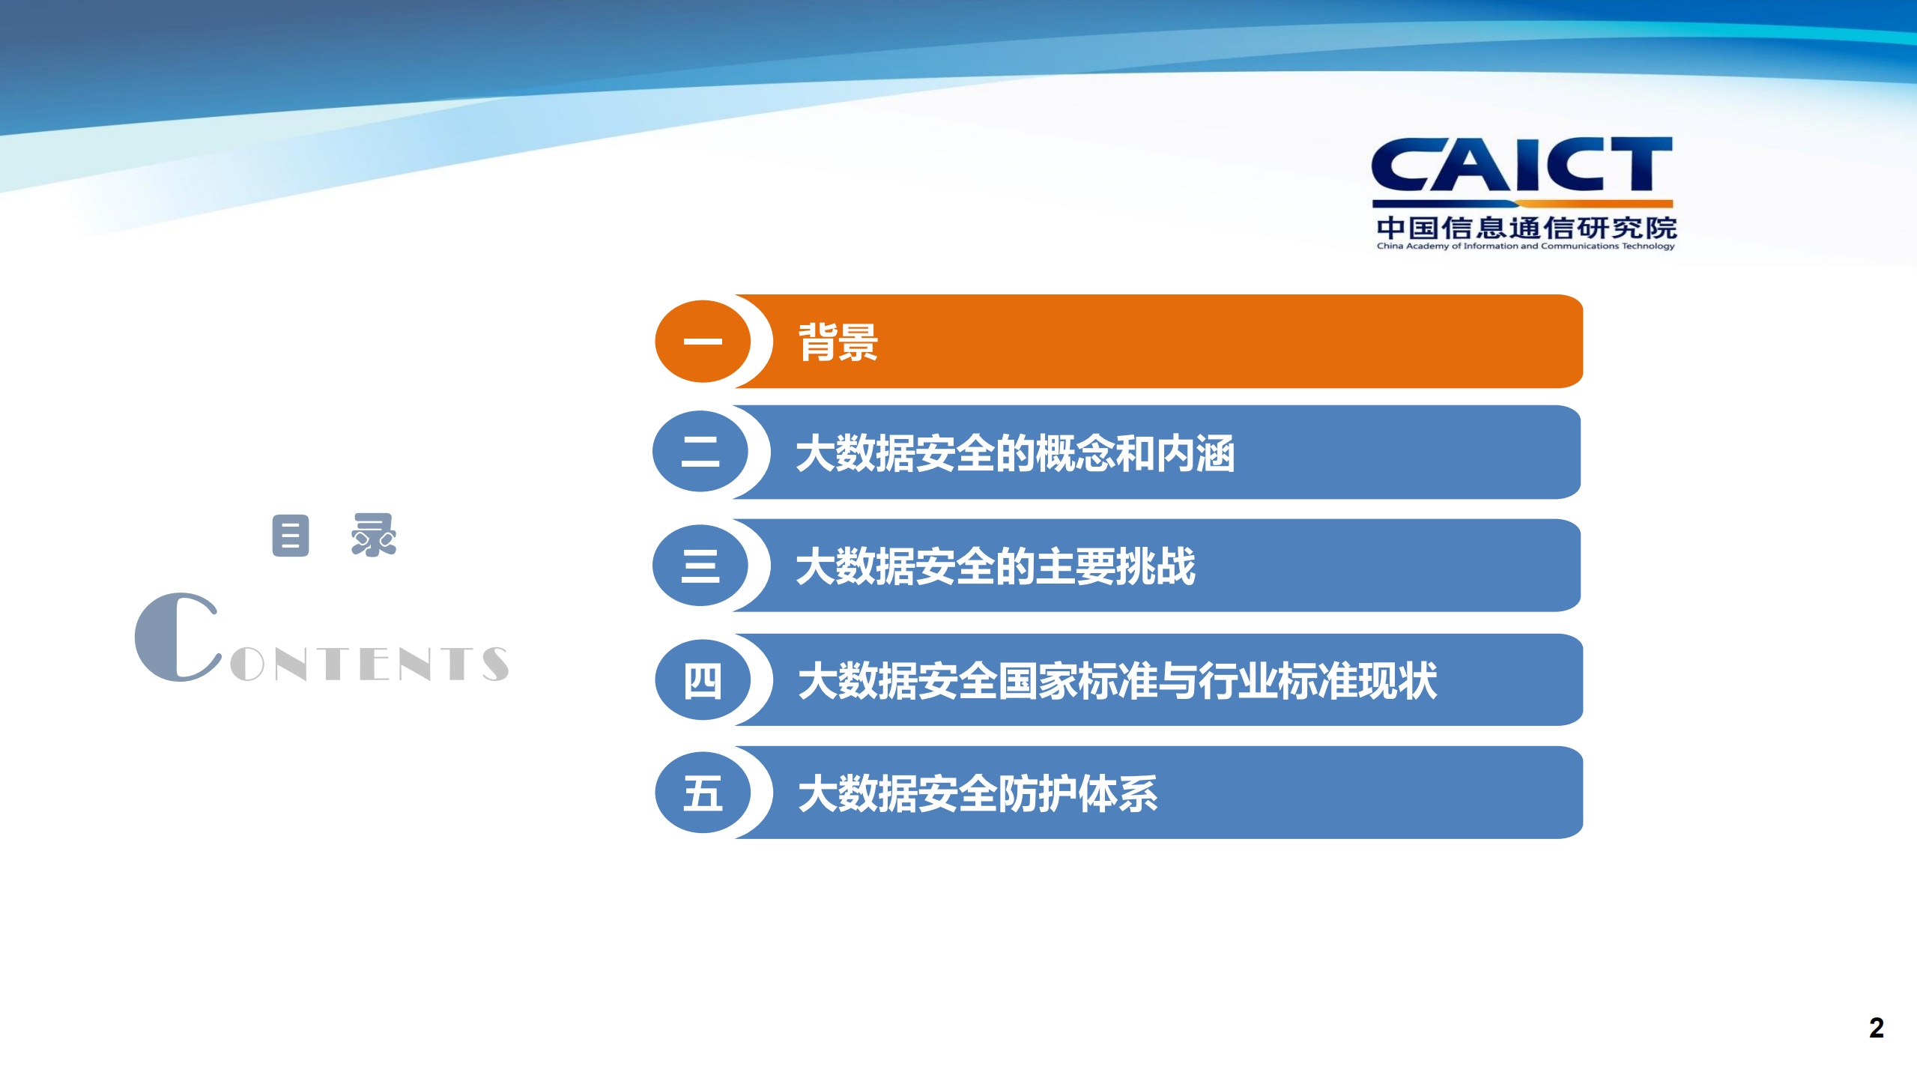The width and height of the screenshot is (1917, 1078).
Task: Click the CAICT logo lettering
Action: [1521, 165]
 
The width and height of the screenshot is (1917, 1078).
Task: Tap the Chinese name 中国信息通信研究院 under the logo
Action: [1525, 227]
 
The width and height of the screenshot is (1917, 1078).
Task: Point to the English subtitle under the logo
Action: [1525, 246]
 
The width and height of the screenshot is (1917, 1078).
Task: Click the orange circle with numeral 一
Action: [703, 342]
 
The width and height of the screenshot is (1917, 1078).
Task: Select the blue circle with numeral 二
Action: [700, 452]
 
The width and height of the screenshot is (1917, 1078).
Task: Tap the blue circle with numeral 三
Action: [700, 566]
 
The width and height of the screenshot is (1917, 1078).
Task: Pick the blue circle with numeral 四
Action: [703, 680]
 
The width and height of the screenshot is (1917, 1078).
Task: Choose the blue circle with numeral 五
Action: [703, 793]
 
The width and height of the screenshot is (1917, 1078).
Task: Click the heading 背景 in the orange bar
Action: [838, 342]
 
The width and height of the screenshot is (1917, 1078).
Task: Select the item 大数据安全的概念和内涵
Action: [1014, 453]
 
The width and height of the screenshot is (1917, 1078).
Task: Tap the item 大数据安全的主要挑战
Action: [995, 566]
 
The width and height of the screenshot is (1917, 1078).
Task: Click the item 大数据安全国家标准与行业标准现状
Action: [1117, 681]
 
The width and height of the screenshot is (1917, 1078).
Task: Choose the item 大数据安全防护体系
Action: [978, 793]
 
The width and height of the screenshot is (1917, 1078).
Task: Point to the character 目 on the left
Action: [291, 536]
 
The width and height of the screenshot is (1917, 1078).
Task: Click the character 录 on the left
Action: [374, 535]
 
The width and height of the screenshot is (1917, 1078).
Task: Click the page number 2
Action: [1876, 1028]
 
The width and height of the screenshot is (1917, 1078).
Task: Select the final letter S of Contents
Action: [495, 664]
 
